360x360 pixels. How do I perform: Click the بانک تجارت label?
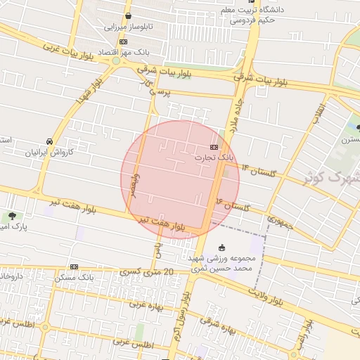(214, 159)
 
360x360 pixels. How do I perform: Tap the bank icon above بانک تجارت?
(214, 147)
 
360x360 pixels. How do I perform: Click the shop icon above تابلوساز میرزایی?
(127, 16)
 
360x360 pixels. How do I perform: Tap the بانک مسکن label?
(74, 278)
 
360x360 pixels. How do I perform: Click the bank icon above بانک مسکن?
(74, 266)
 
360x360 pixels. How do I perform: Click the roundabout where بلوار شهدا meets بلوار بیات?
(116, 61)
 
